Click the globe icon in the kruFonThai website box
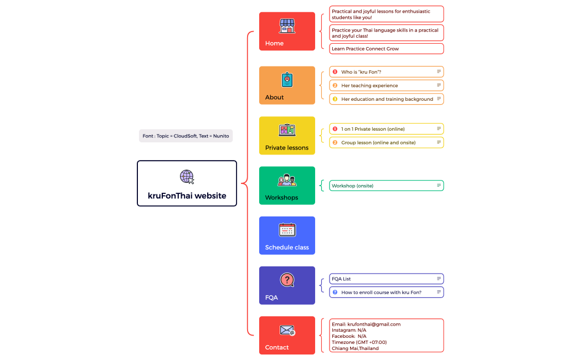click(187, 177)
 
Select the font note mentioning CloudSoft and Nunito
click(186, 136)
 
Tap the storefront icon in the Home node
click(287, 25)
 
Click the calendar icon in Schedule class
click(287, 230)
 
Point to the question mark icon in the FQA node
click(287, 280)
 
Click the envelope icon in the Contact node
click(287, 331)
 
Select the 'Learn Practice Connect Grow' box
click(386, 49)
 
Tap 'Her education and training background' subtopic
click(387, 99)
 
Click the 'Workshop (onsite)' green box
click(386, 186)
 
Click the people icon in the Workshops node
click(287, 181)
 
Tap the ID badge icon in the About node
click(287, 80)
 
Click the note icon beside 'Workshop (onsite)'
click(439, 186)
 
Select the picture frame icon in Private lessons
click(287, 130)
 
